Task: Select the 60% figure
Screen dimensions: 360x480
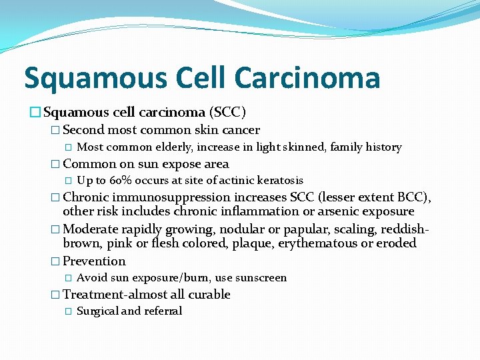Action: click(x=121, y=181)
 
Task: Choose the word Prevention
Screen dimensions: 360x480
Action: click(x=94, y=261)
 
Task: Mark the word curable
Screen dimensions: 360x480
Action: click(x=209, y=295)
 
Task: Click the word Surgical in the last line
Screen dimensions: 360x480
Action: click(x=97, y=311)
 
